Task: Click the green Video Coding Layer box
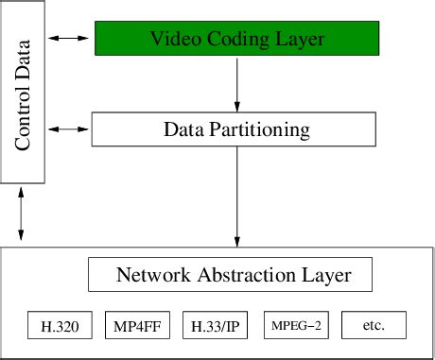click(237, 39)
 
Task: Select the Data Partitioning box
click(237, 129)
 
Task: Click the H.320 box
click(60, 326)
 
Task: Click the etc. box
click(374, 326)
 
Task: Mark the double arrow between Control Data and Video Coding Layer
click(69, 38)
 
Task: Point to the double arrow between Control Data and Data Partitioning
click(69, 128)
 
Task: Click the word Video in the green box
click(170, 39)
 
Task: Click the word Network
click(147, 276)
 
